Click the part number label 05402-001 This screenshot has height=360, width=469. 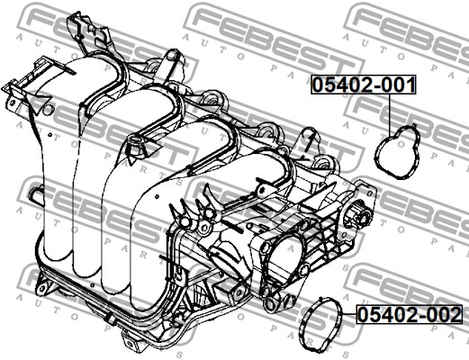364,85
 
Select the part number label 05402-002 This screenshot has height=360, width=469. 410,314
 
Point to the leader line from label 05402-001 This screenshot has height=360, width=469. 391,114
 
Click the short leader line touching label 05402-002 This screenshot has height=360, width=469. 349,314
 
